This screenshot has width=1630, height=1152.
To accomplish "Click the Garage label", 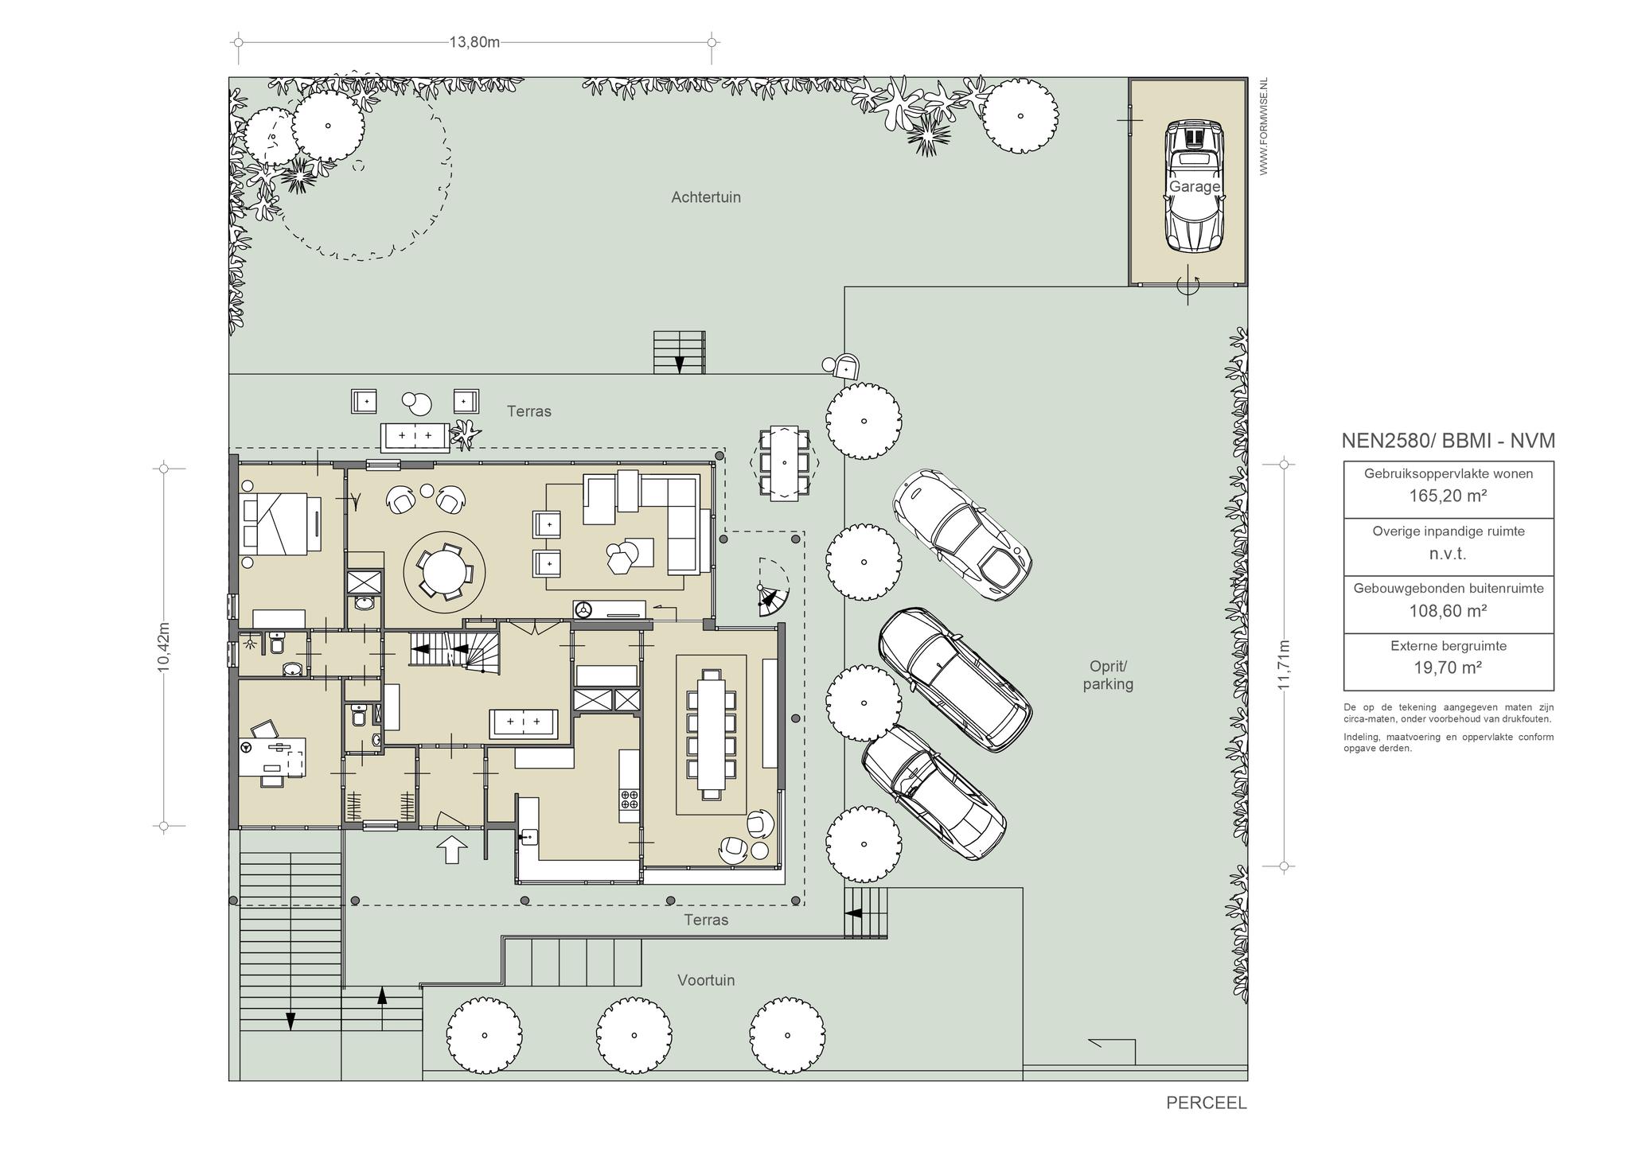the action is (1194, 186).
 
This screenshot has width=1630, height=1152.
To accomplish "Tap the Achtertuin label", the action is (705, 197).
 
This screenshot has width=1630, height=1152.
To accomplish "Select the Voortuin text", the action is (706, 980).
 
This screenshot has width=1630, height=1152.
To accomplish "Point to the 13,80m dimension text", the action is (474, 42).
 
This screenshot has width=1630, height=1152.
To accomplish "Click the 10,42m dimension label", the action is (164, 647).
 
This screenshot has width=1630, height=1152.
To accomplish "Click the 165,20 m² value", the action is (1449, 496).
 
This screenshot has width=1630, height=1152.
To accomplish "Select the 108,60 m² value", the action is (1449, 611).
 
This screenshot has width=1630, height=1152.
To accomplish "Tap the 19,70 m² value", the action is (1449, 668).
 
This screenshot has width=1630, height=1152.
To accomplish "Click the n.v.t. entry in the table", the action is (1448, 554).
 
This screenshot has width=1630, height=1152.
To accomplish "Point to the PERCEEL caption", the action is (1207, 1103).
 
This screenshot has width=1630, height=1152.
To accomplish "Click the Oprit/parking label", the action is (1108, 675).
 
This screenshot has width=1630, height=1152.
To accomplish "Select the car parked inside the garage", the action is (1193, 187).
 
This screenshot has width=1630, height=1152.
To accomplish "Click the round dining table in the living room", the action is (445, 571).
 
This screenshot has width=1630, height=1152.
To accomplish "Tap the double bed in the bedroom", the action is (282, 523).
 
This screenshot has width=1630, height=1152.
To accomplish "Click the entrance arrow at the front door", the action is (452, 850).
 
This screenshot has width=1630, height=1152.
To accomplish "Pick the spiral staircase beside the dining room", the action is (771, 590).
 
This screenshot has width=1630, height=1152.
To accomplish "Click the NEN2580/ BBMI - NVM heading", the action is (1449, 441).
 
